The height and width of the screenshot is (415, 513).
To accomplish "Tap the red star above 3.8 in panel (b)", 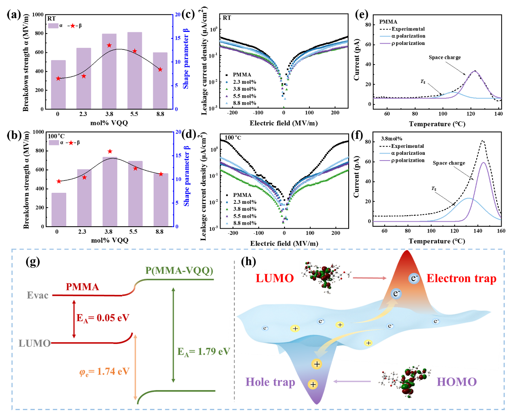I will (110, 152).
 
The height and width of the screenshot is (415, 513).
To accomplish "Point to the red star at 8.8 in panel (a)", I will (160, 69).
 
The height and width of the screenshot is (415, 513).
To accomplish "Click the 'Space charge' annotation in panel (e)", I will (444, 58).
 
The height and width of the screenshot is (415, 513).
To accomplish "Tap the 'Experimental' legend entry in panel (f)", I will (407, 146).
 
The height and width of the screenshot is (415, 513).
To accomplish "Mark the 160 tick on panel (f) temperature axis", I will (501, 231).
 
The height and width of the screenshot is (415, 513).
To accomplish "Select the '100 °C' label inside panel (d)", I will (233, 138).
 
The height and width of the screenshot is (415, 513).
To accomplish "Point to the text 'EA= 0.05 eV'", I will (103, 318).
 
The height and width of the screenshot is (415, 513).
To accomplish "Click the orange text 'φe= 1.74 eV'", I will (104, 372).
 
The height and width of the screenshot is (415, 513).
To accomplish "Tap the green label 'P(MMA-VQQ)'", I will (179, 270).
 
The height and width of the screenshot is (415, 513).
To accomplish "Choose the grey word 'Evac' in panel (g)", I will (38, 295).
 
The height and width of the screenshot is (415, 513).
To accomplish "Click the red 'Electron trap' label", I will (461, 279).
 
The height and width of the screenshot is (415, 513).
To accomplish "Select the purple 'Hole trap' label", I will (270, 382).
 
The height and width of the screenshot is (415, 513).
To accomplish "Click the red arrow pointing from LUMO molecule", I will (370, 278).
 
